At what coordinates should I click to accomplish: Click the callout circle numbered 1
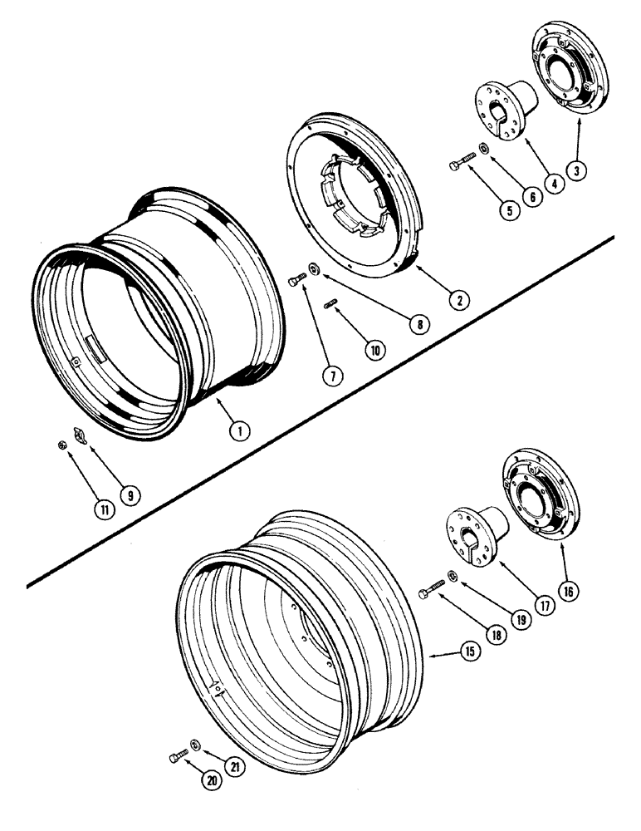click(x=238, y=430)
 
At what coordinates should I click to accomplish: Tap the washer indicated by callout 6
click(x=483, y=150)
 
